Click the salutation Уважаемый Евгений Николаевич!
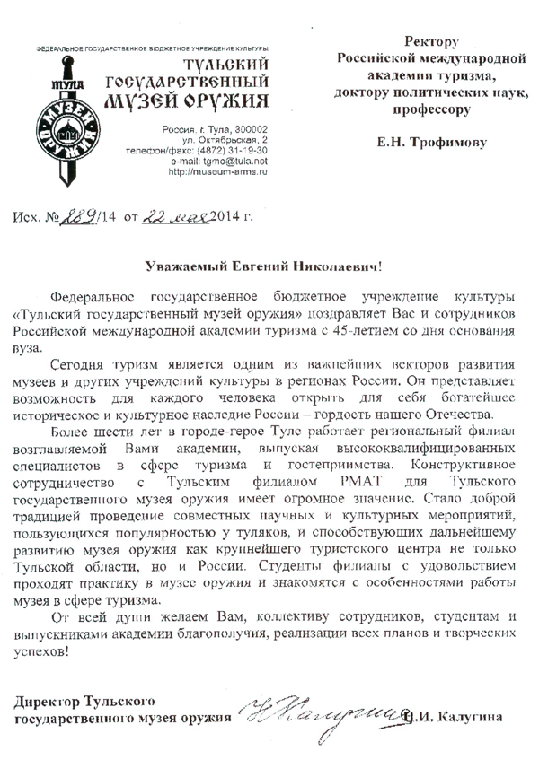[269, 266]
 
